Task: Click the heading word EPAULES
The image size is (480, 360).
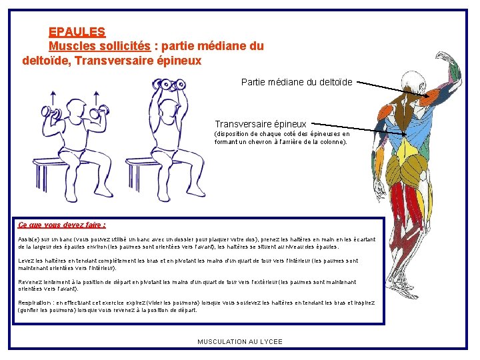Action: coord(77,31)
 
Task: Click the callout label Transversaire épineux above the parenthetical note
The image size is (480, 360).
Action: coord(260,123)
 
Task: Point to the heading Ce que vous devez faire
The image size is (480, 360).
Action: coord(62,225)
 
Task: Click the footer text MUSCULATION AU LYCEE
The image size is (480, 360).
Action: coord(240,341)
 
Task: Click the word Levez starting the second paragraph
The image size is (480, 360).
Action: coord(27,261)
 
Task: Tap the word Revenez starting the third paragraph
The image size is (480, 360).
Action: coord(31,281)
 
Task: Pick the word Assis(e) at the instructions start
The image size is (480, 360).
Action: coord(30,239)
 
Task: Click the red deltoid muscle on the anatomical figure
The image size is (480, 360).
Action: coord(431,97)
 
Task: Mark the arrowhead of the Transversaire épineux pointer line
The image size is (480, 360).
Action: coord(405,135)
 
